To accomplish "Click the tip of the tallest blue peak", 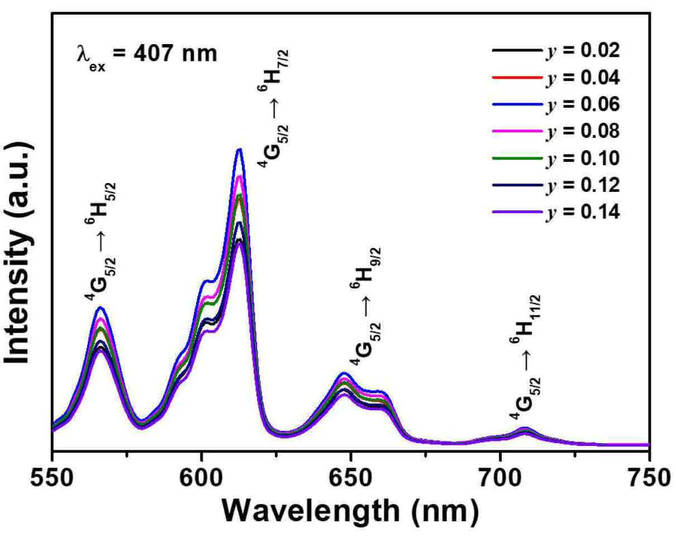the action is pos(240,149).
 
